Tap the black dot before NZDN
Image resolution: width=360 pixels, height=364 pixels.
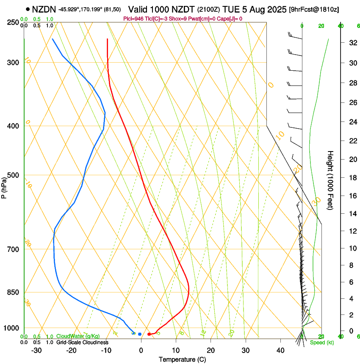click(x=28, y=9)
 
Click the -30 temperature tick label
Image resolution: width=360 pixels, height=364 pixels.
click(x=36, y=350)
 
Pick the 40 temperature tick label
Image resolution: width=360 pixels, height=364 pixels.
click(x=280, y=350)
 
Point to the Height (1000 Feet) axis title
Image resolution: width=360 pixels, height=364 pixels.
click(x=331, y=180)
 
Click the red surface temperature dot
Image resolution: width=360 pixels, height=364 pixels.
click(x=149, y=334)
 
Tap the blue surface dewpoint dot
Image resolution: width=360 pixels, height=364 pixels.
click(x=139, y=334)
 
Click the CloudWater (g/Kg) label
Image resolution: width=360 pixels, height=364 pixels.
click(x=78, y=336)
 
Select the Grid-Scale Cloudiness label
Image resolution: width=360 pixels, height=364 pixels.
click(x=82, y=342)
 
